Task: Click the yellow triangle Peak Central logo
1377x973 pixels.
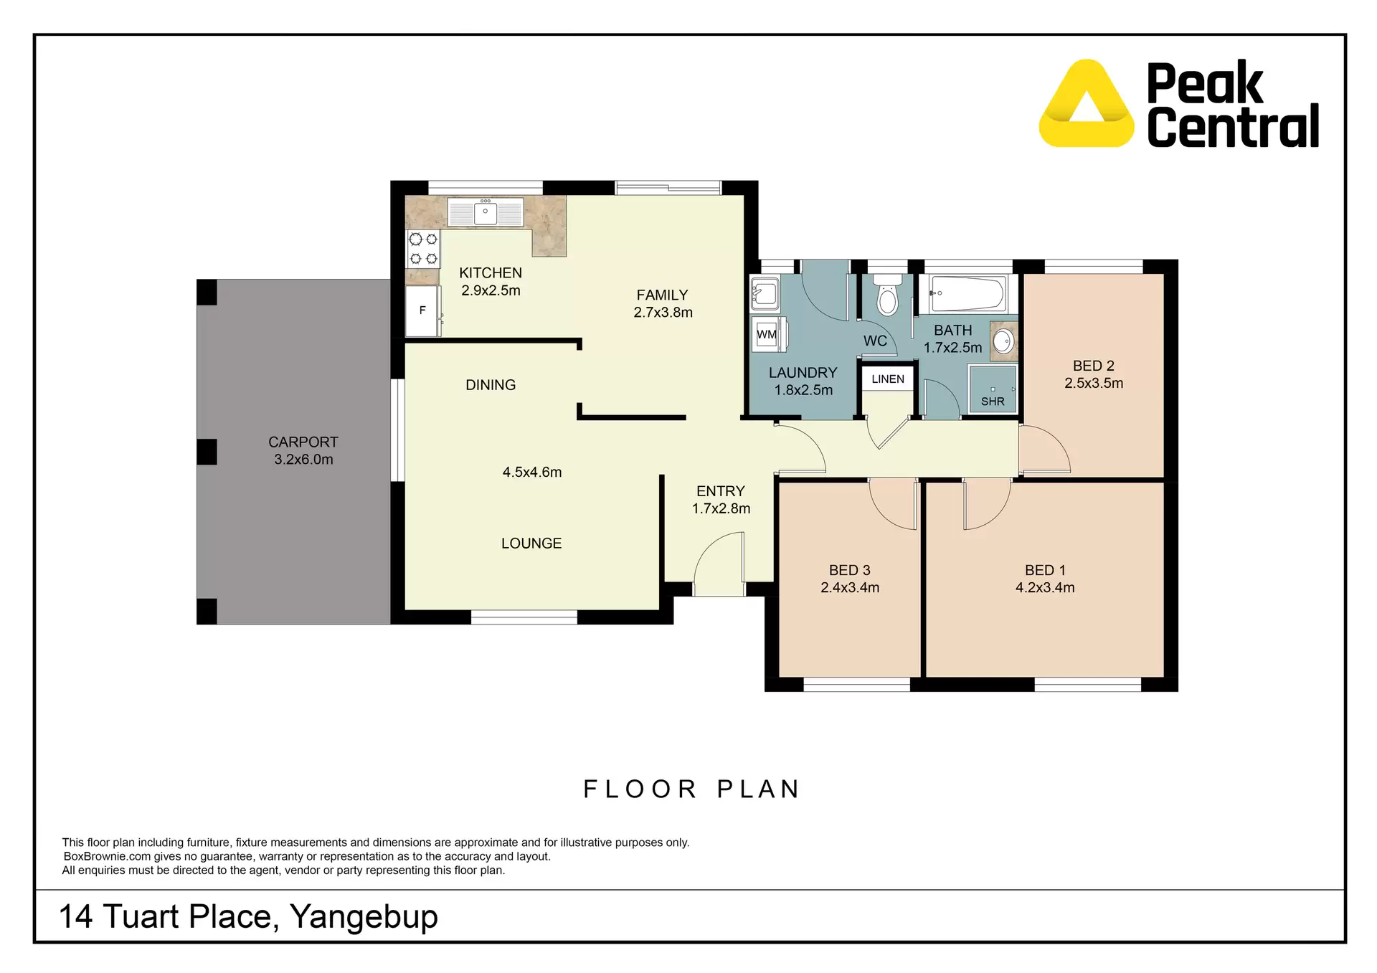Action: [1087, 105]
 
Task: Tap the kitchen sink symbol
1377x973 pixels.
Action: [486, 213]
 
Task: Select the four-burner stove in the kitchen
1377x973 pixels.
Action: [423, 249]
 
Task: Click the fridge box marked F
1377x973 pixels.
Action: [422, 310]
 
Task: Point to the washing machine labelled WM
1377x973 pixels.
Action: [767, 334]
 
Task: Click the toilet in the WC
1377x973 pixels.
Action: [888, 295]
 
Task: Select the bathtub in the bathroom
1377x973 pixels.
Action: [967, 293]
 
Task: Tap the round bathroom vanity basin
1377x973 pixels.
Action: [1003, 341]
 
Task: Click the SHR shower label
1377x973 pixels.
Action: [993, 402]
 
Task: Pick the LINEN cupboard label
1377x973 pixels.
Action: [888, 379]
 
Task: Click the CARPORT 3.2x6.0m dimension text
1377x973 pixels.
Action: [303, 460]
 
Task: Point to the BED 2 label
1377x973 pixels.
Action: [1093, 366]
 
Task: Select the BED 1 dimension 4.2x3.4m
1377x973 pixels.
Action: [1045, 588]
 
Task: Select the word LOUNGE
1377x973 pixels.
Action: [531, 544]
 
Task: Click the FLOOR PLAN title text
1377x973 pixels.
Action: [691, 789]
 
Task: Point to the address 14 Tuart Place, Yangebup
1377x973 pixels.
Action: [248, 917]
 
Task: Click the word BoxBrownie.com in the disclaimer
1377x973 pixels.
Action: [107, 857]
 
